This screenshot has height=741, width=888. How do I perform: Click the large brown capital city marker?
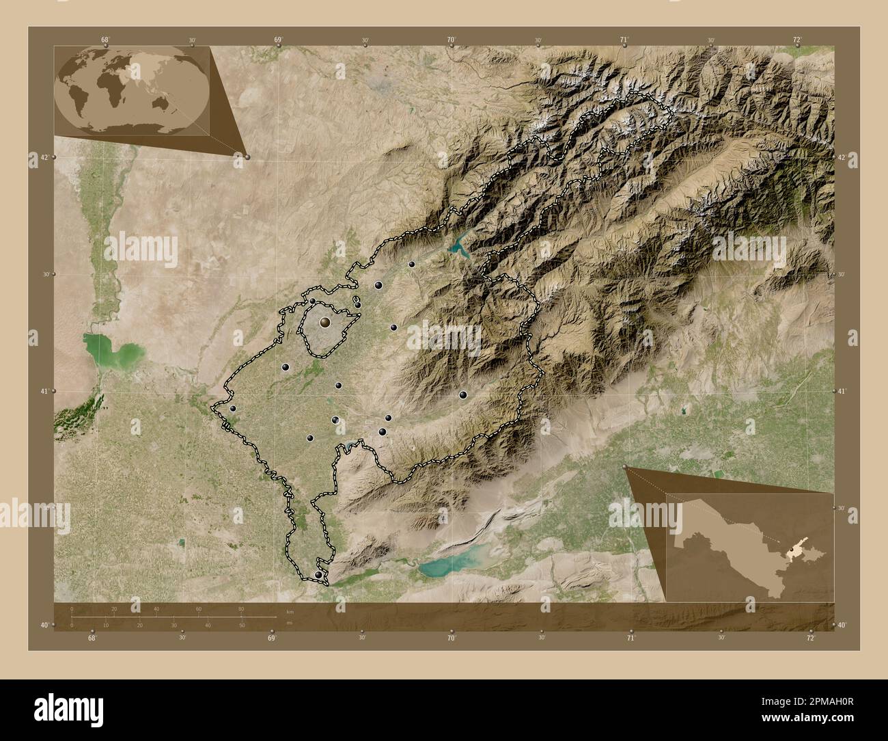point(325,321)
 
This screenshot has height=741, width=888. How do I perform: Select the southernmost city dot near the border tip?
point(318,576)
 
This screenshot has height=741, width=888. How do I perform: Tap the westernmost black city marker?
point(233,409)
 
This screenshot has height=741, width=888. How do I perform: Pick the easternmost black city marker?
point(463,394)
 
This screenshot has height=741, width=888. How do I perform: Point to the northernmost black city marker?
point(412,264)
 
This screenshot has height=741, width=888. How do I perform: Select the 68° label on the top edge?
point(105,40)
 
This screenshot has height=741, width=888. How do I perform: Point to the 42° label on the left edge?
point(42,157)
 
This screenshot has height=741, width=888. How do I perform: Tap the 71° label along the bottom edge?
point(630,638)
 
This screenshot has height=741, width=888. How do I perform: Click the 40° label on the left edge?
point(42,625)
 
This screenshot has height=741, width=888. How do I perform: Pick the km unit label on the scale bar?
point(290,608)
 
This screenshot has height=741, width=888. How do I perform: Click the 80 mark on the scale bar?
point(241,608)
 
